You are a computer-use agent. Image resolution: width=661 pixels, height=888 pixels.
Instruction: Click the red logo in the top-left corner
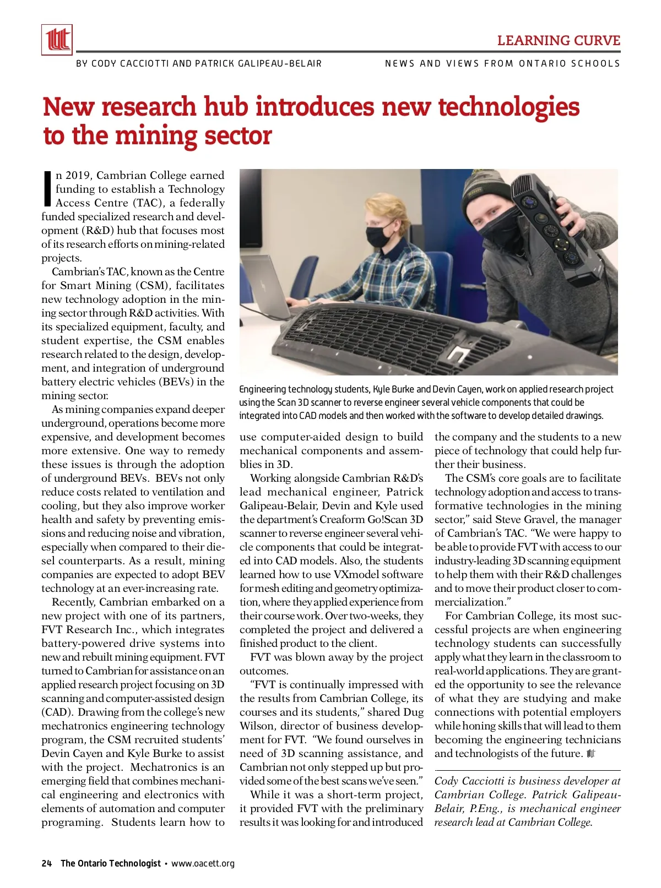tap(57, 40)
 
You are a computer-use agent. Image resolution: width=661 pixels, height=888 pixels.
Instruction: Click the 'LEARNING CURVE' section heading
tap(559, 41)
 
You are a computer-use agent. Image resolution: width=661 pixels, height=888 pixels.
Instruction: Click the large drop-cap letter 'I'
tap(47, 189)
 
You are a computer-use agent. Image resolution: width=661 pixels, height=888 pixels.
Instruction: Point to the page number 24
tap(46, 863)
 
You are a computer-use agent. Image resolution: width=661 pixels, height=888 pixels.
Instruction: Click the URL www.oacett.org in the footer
tap(203, 863)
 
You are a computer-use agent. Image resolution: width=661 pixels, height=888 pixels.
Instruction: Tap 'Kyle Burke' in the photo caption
tap(394, 389)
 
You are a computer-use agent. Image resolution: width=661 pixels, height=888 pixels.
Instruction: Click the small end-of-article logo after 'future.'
tap(592, 754)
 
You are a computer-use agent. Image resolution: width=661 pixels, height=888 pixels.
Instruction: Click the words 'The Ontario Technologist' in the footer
tap(111, 863)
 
